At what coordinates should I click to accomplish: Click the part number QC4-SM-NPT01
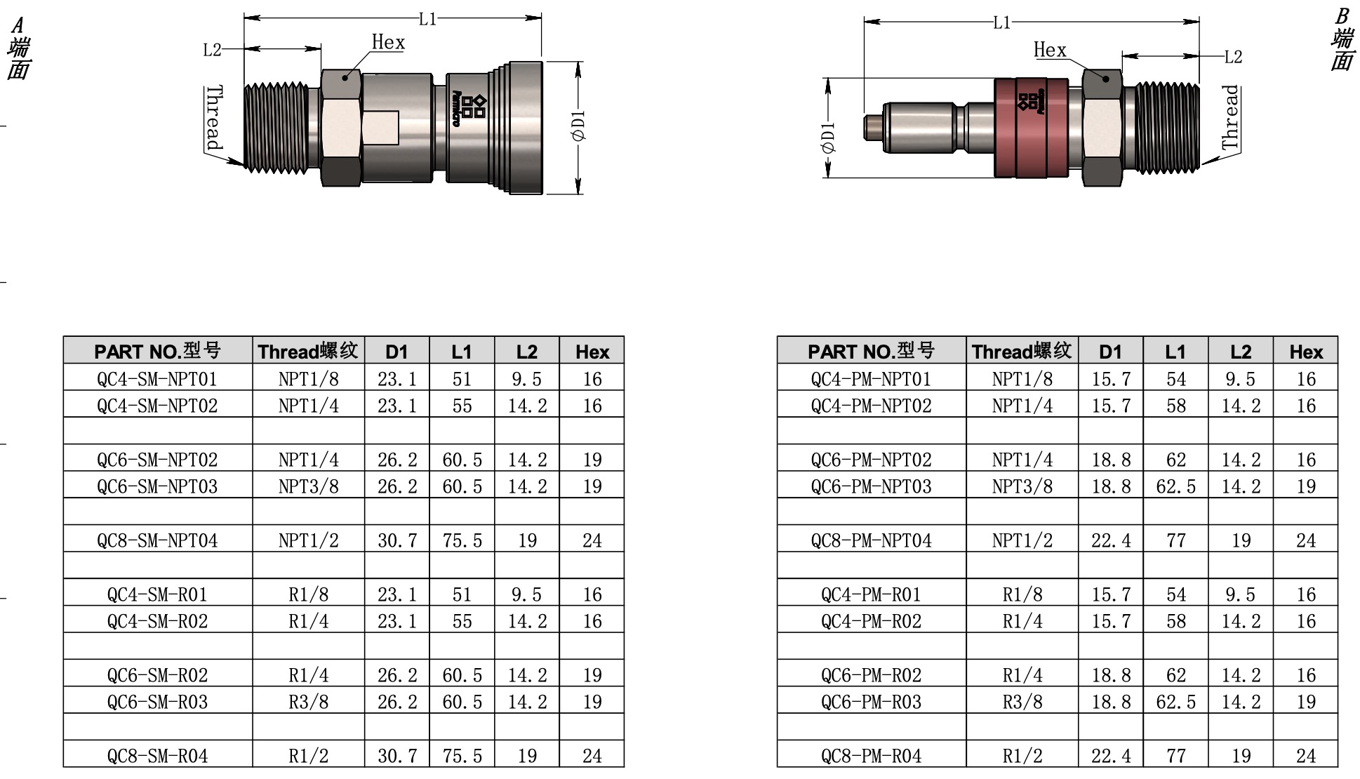pyautogui.click(x=157, y=379)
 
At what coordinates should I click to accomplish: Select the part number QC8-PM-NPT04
pyautogui.click(x=871, y=540)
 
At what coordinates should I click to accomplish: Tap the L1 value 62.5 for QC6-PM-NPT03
pyautogui.click(x=1175, y=486)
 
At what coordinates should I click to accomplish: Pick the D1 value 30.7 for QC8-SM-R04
pyautogui.click(x=397, y=756)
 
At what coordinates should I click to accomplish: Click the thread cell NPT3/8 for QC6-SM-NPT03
pyautogui.click(x=308, y=486)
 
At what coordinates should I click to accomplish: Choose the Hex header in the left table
pyautogui.click(x=592, y=352)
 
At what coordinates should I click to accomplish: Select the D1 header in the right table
pyautogui.click(x=1110, y=352)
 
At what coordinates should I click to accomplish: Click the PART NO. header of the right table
pyautogui.click(x=871, y=351)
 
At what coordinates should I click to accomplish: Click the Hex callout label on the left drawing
pyautogui.click(x=388, y=43)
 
